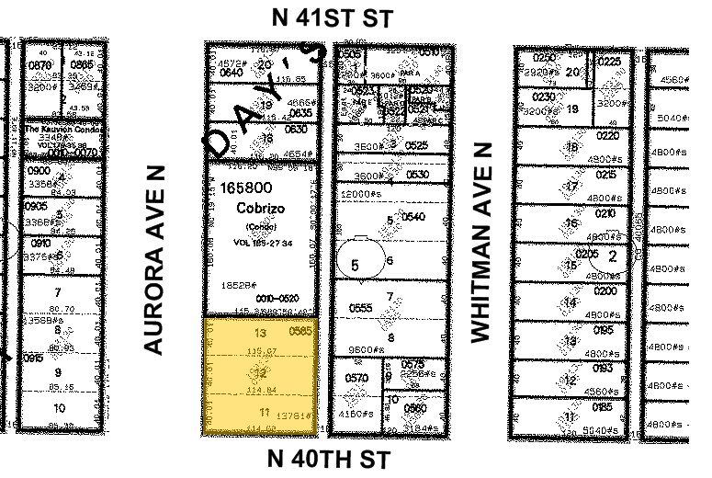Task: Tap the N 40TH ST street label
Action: (x=329, y=459)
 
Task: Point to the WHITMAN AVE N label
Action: (x=480, y=242)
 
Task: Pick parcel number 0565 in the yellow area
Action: (x=301, y=332)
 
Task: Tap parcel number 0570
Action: (x=356, y=378)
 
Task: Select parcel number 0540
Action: (x=414, y=218)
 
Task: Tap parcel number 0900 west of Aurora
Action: (x=39, y=171)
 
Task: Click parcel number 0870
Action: (x=40, y=65)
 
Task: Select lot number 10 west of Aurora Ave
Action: (x=59, y=407)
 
